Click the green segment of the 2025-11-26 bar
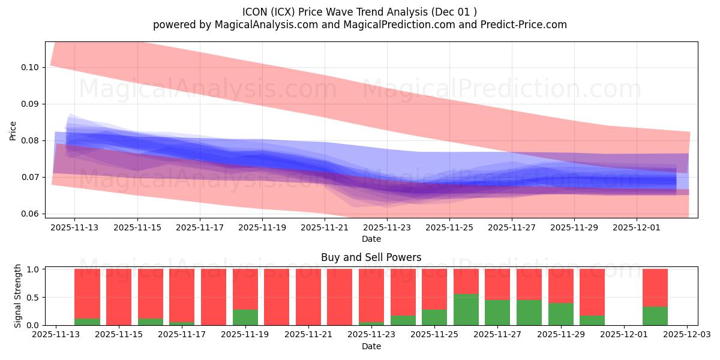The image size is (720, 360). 466,310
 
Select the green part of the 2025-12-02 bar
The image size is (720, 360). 655,316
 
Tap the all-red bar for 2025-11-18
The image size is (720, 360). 214,297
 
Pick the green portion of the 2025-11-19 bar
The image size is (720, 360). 245,317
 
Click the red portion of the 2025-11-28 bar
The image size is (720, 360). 529,284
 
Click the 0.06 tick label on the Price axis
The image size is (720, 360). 31,214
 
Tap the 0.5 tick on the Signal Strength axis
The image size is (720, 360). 34,298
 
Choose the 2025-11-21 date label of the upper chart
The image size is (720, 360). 325,227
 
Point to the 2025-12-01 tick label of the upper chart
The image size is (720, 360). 637,227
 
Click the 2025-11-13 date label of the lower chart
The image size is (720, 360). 56,335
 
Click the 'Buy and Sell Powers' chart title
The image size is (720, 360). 371,257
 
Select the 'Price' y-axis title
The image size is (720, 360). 13,130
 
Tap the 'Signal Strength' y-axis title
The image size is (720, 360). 17,296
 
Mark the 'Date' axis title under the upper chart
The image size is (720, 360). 371,239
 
